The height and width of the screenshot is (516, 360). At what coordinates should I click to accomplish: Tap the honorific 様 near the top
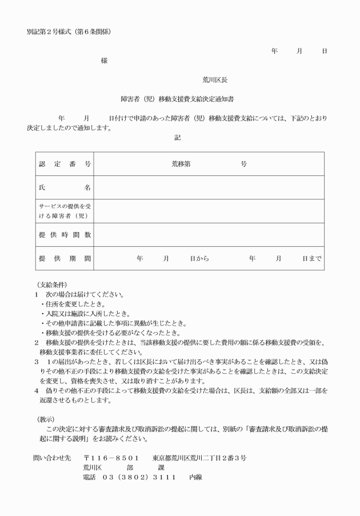click(x=104, y=60)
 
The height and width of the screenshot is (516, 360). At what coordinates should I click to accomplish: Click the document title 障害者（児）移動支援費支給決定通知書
click(x=181, y=98)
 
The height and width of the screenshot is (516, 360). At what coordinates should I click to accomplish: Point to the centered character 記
click(x=177, y=137)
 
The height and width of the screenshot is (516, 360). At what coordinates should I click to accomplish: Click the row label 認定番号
click(x=65, y=163)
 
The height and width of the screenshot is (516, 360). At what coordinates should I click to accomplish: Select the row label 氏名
click(x=65, y=187)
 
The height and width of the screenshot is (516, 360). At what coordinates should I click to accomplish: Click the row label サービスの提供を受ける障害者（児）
click(x=65, y=210)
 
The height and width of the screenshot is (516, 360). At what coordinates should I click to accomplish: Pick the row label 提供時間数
click(x=65, y=234)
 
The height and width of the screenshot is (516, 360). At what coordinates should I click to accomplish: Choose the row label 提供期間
click(x=65, y=258)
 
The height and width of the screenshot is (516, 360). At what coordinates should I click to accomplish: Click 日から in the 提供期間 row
click(x=199, y=258)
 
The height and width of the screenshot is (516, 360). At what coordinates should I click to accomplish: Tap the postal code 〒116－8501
click(x=112, y=458)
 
